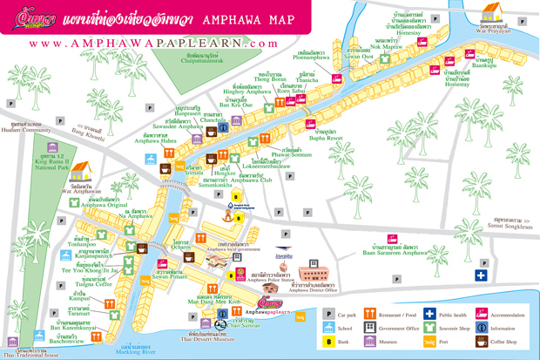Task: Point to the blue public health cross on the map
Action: pos(481,275)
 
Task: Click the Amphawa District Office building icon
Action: pos(315,272)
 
